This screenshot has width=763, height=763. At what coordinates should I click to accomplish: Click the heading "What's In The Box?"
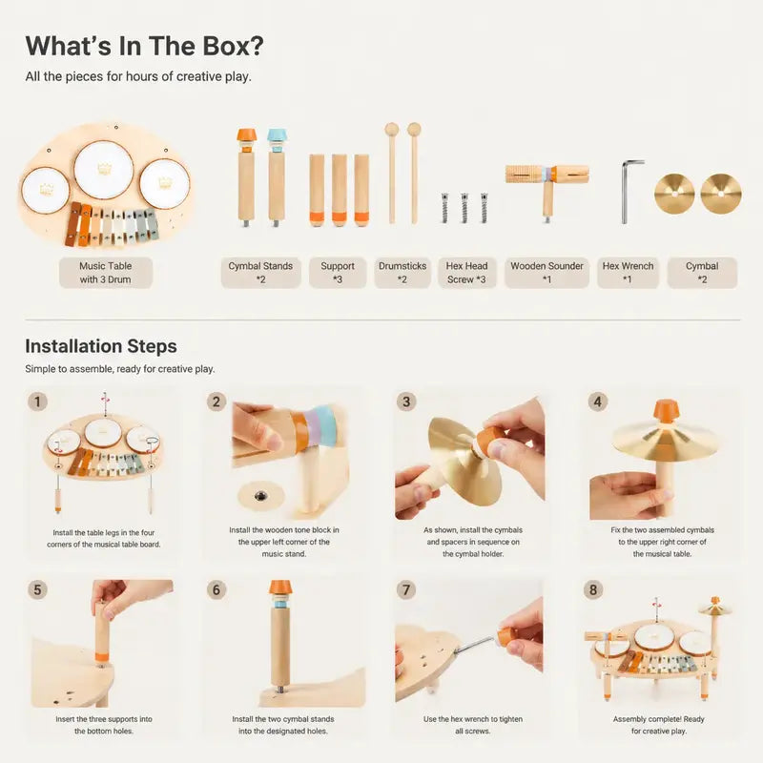[145, 46]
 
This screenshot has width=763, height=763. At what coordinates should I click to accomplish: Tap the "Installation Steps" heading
[101, 346]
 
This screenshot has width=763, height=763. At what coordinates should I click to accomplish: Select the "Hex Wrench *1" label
[628, 273]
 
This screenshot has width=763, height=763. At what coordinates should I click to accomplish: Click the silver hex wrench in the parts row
[630, 192]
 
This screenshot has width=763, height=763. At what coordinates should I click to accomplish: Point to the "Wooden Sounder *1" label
[546, 273]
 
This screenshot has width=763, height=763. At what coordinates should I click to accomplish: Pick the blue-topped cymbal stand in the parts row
[277, 177]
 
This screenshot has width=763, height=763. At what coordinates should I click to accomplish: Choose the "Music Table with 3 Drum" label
[106, 273]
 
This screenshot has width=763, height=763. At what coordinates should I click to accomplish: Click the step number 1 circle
[37, 402]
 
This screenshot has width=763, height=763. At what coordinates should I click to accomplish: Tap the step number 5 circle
[37, 589]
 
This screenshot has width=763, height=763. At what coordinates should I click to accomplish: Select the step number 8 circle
[592, 589]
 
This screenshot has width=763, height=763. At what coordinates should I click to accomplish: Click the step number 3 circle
[406, 402]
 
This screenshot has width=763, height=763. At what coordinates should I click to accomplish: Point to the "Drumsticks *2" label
[402, 273]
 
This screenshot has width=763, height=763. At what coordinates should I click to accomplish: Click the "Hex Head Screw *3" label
[466, 273]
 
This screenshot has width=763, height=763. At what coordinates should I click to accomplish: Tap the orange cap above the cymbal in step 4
[665, 411]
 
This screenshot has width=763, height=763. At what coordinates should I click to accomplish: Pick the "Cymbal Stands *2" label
[260, 273]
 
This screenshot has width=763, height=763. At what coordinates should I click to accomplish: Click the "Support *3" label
[338, 273]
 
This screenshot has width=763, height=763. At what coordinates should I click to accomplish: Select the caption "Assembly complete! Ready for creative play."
[659, 725]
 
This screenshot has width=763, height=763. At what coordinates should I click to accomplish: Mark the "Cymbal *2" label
[702, 273]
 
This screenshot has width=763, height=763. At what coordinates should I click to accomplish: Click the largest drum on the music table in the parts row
[104, 171]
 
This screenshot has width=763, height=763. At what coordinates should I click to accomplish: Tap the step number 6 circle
[217, 589]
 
